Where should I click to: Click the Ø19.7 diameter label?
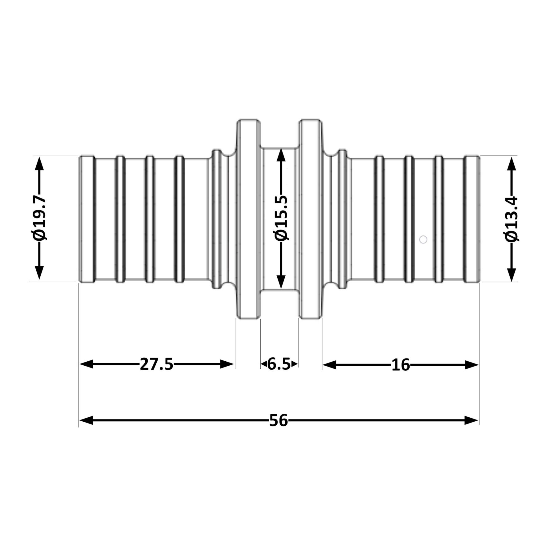(39, 218)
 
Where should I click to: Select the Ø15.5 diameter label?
(281, 218)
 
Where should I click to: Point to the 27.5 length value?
(157, 364)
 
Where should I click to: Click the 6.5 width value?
(279, 364)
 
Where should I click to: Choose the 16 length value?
(401, 365)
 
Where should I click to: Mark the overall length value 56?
(279, 420)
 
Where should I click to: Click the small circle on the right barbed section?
(424, 239)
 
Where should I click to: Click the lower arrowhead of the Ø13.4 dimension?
(512, 275)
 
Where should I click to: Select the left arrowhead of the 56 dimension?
(86, 420)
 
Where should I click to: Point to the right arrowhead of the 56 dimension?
(472, 420)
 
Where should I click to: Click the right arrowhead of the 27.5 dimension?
(227, 364)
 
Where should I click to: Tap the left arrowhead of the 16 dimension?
(329, 365)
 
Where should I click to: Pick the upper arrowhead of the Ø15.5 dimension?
(281, 156)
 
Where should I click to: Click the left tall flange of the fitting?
(248, 219)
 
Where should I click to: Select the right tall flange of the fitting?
(311, 219)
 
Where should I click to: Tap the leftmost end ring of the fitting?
(87, 219)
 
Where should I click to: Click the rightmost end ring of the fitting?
(472, 219)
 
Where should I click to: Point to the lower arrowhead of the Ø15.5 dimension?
(281, 281)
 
